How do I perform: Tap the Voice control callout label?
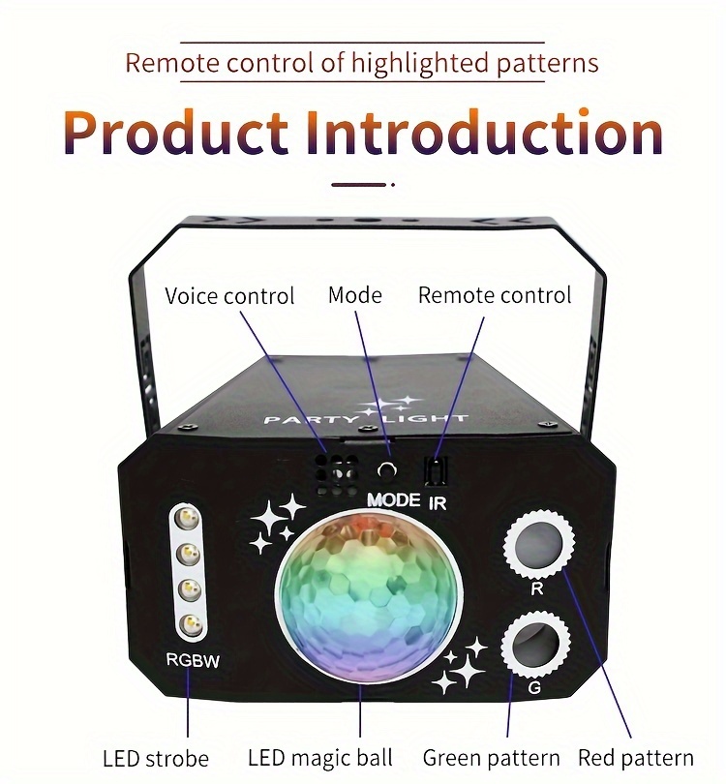229,295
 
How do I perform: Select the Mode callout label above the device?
355,294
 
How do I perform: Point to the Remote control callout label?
495,294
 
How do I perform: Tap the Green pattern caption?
491,758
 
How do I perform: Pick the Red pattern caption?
636,758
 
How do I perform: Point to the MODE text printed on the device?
394,500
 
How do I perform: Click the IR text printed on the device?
438,501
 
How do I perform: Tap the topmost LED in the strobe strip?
188,521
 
